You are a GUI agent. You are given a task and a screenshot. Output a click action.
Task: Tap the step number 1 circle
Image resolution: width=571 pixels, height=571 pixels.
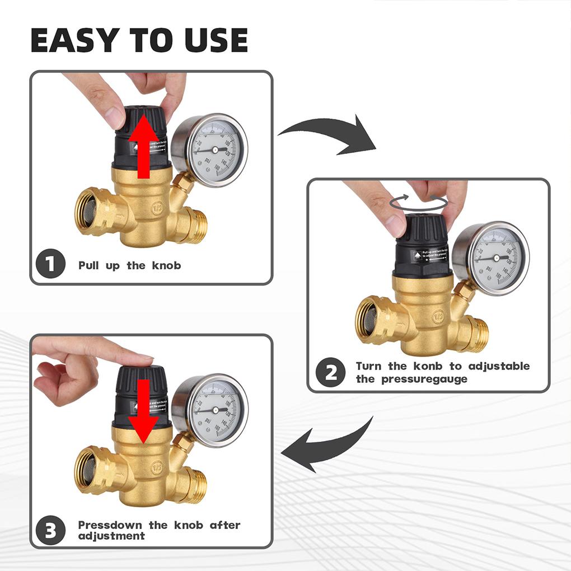(51, 264)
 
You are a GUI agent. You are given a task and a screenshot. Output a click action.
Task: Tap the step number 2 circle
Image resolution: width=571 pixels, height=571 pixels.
(330, 372)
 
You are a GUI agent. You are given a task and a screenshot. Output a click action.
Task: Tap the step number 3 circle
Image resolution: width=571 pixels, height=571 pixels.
(51, 530)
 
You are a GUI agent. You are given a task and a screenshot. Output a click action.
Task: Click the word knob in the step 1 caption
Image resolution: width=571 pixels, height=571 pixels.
(166, 265)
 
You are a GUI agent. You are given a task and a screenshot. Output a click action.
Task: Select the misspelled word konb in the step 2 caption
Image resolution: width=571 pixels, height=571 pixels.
(430, 366)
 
